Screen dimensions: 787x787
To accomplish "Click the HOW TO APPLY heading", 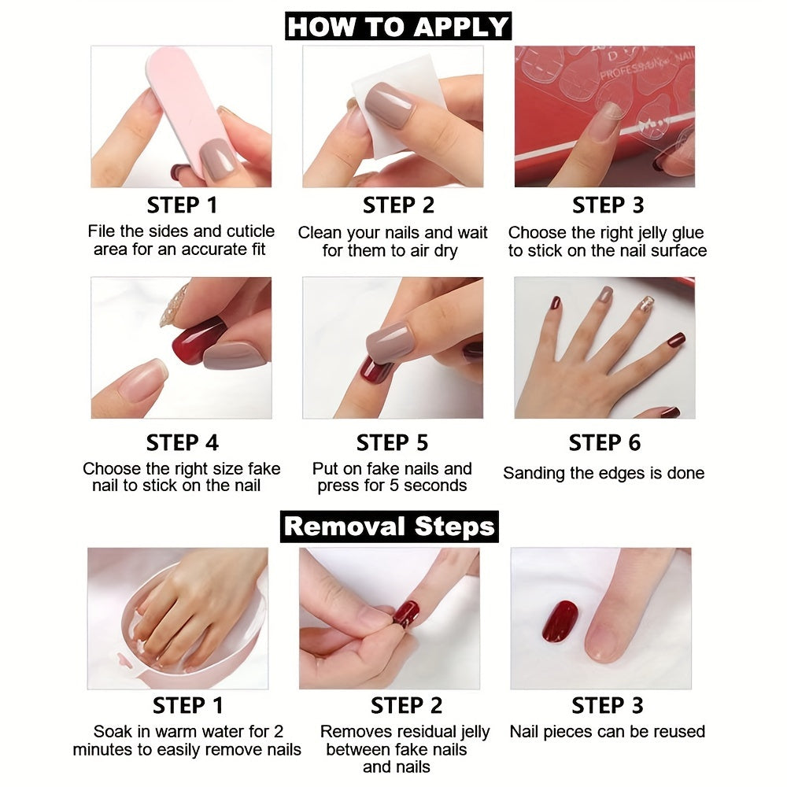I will click(x=397, y=26).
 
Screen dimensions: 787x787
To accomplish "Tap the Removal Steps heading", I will click(x=390, y=526).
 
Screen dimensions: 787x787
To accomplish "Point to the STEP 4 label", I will click(x=182, y=442).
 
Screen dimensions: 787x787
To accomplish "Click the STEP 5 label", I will click(x=392, y=442).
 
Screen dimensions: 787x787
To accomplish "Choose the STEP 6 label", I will click(x=604, y=442).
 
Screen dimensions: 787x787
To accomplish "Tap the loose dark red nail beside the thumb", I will click(x=560, y=621).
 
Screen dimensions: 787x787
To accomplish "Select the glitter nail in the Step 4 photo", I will click(x=174, y=306).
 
